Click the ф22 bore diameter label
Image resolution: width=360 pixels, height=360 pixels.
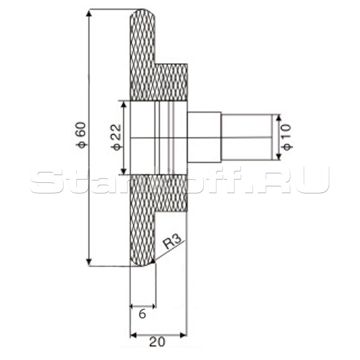[x=117, y=137]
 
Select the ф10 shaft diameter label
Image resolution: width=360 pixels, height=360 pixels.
[x=287, y=137]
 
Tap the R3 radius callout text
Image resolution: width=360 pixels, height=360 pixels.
[x=173, y=242]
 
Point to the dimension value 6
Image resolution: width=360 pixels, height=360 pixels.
[x=142, y=314]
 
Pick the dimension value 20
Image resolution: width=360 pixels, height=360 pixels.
[x=157, y=342]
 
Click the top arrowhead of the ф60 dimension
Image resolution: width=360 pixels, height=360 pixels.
[x=89, y=13]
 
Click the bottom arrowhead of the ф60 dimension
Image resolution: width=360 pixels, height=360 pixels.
[x=89, y=262]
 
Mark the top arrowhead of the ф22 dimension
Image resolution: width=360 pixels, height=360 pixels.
[x=124, y=105]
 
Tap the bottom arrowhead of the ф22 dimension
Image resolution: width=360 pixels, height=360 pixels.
[x=124, y=171]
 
